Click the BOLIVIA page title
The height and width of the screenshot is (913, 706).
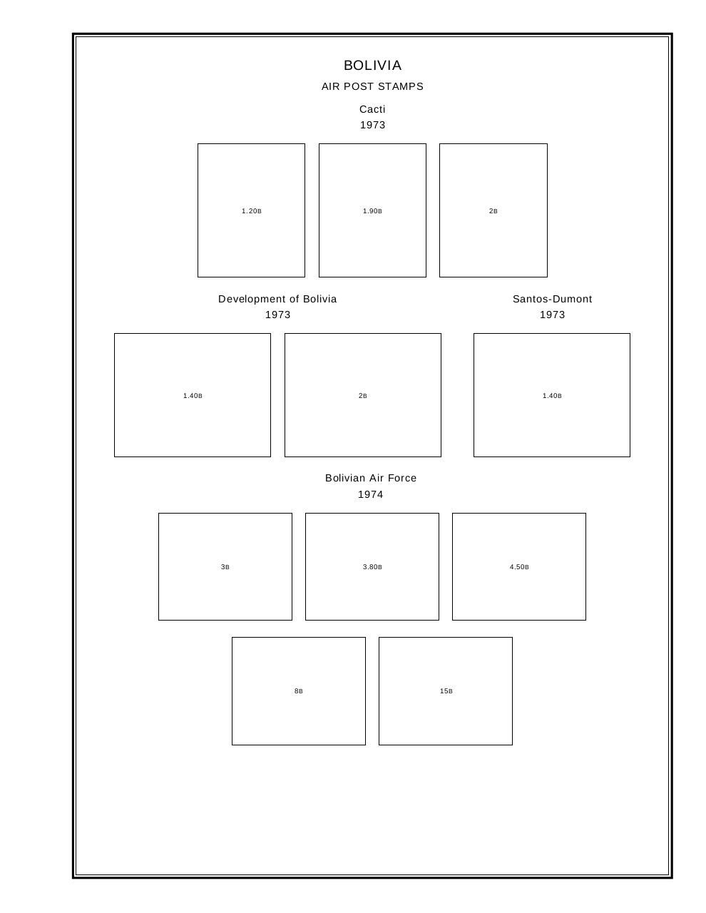[x=372, y=66]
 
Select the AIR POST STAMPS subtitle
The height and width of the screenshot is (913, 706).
[x=372, y=86]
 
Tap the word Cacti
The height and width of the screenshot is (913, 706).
[x=372, y=109]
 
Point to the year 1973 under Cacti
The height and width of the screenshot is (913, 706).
[x=372, y=125]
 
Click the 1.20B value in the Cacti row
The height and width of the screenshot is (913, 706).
[x=251, y=211]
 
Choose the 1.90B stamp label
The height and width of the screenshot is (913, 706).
[x=372, y=211]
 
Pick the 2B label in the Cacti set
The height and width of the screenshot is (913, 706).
[x=493, y=211]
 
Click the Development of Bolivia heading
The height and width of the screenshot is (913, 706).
[x=277, y=299]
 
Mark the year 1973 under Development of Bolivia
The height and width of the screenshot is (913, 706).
[x=277, y=315]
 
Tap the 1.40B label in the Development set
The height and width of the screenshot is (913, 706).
[x=193, y=396]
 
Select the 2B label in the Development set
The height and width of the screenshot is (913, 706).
[x=362, y=396]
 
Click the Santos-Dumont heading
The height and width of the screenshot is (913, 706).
[x=552, y=299]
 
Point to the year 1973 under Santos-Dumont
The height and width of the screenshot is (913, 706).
[x=552, y=315]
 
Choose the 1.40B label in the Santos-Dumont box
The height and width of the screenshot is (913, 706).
[x=552, y=396]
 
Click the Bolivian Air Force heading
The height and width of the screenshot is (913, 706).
[x=371, y=478]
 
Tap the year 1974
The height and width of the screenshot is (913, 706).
[x=371, y=494]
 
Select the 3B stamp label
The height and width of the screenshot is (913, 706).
[x=225, y=567]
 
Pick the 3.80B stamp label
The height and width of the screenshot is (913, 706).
[x=372, y=567]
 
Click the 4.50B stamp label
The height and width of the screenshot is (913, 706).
[x=519, y=567]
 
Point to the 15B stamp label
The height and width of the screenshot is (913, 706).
[x=446, y=691]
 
